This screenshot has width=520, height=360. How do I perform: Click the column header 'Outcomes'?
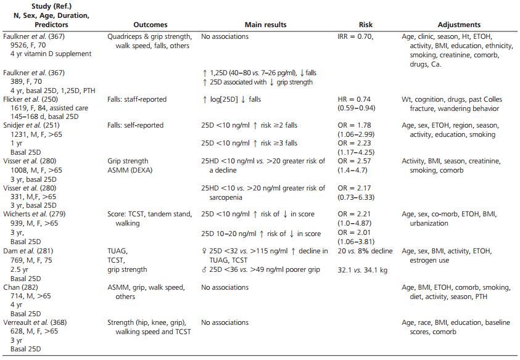[x=150, y=25]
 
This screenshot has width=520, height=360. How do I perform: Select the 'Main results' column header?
[x=265, y=25]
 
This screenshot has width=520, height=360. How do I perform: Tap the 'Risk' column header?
[x=365, y=25]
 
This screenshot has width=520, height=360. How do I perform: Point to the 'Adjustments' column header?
[x=459, y=25]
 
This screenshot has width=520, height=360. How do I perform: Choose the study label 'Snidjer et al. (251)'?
[x=30, y=125]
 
